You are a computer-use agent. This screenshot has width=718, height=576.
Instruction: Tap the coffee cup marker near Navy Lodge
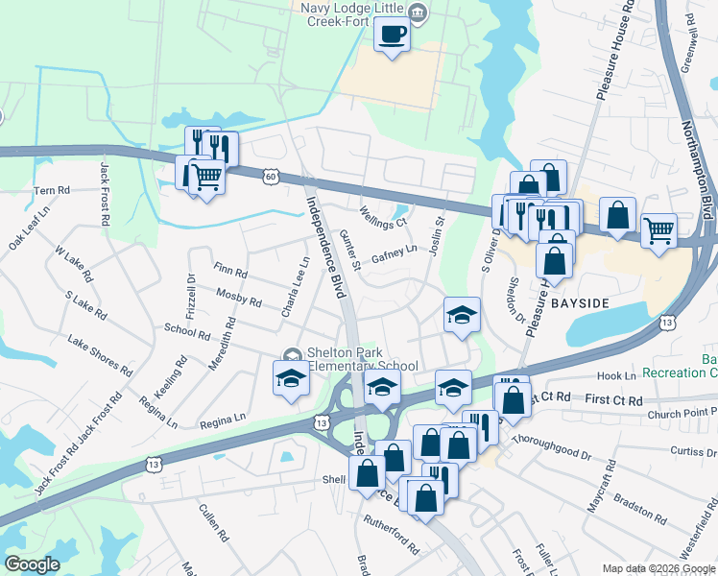(x=392, y=36)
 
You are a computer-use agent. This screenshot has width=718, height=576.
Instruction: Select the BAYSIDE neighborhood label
(x=579, y=303)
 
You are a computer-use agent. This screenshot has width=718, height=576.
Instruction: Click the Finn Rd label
(x=231, y=274)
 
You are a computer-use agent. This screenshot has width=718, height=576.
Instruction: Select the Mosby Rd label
(x=239, y=297)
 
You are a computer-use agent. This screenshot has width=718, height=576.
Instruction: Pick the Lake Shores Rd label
(x=99, y=353)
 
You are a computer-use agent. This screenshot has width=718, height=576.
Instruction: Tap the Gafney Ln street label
(x=394, y=253)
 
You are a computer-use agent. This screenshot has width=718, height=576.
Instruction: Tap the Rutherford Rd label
(x=391, y=536)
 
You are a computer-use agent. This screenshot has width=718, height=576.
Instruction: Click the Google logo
(x=32, y=564)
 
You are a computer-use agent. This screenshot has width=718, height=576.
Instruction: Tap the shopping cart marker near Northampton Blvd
(x=658, y=229)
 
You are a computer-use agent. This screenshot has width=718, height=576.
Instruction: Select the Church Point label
(x=681, y=414)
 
